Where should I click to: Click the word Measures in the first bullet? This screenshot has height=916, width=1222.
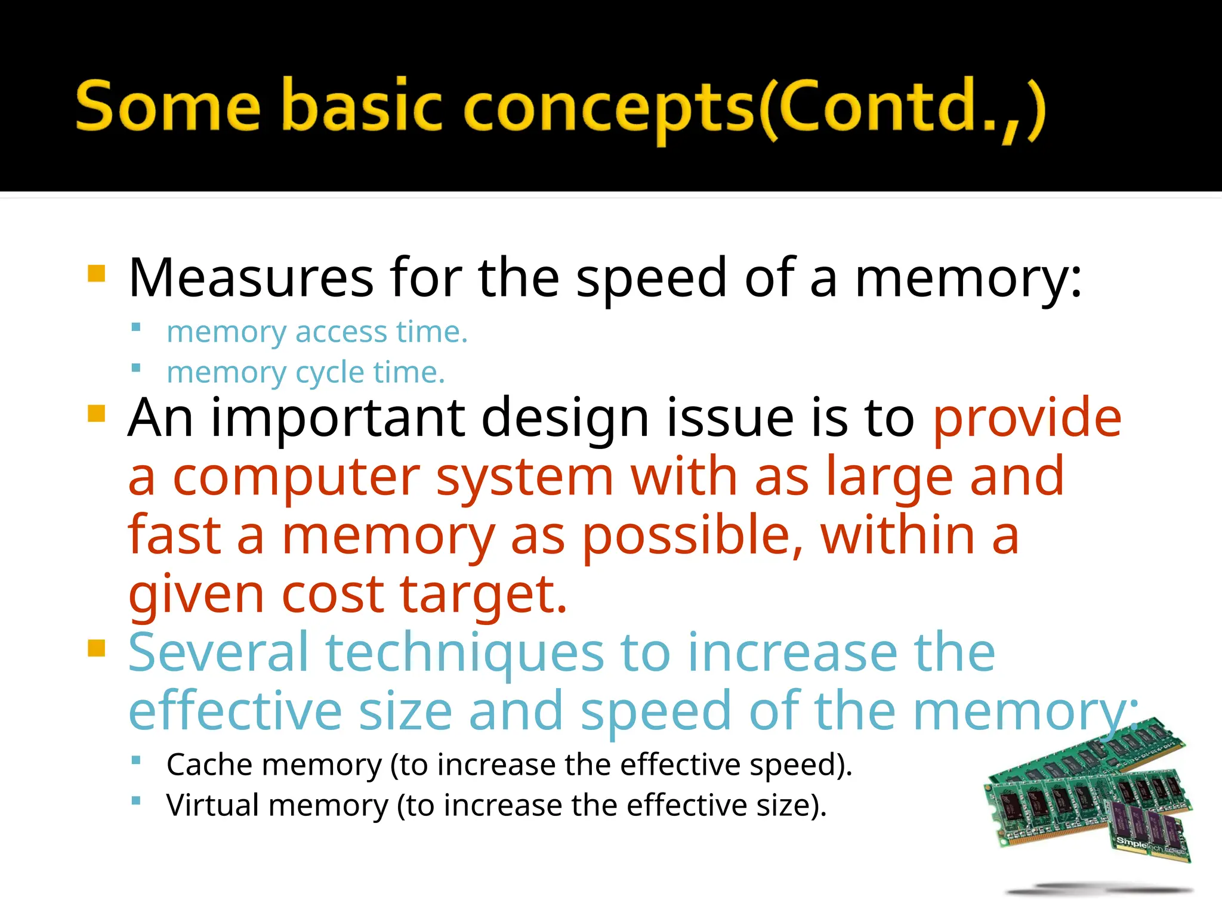click(251, 278)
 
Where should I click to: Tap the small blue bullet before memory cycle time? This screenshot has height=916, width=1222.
click(136, 368)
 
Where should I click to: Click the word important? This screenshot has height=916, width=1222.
click(338, 418)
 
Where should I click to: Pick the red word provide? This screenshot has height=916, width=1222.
click(1027, 418)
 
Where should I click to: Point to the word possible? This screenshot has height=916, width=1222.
click(692, 536)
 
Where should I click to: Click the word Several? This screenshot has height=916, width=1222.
click(218, 652)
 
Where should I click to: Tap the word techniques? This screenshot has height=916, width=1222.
click(465, 654)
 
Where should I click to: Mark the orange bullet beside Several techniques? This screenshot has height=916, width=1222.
click(96, 648)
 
